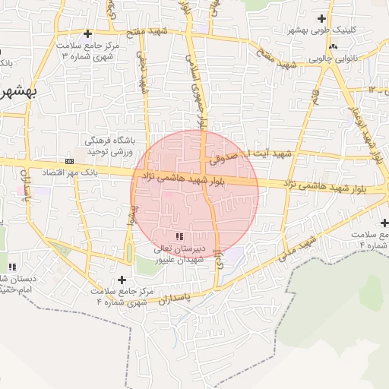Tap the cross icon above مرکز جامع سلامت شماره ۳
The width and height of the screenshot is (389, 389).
pos(88,33)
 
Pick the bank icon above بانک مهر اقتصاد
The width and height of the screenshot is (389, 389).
pos(70,161)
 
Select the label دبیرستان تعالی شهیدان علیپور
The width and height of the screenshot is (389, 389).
pos(179,254)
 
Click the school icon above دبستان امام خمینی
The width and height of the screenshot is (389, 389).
pos(12,266)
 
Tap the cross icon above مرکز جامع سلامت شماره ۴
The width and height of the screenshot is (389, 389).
pos(122,280)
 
